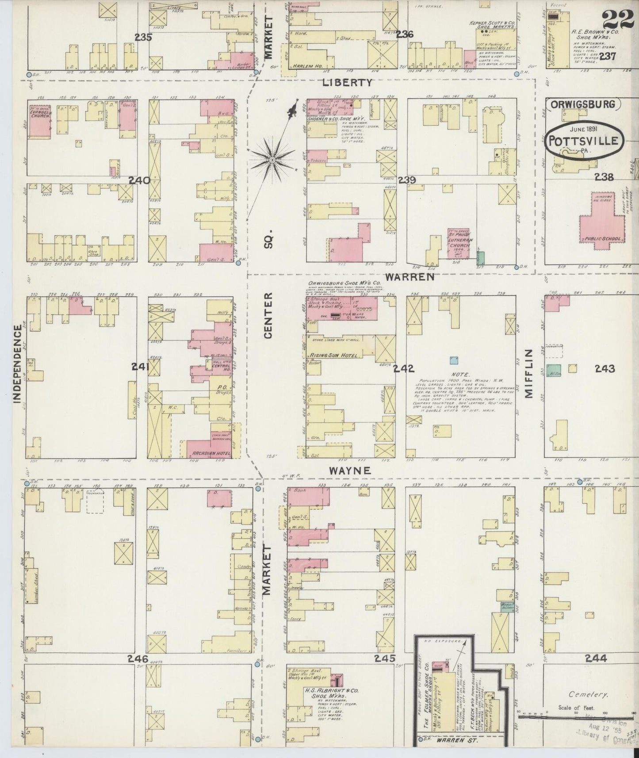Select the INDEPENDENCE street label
pos(17,364)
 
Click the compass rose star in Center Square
pos(273,159)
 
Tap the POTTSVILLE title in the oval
pos(584,142)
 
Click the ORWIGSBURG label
pos(583,104)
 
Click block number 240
pos(140,180)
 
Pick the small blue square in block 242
pos(453,360)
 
